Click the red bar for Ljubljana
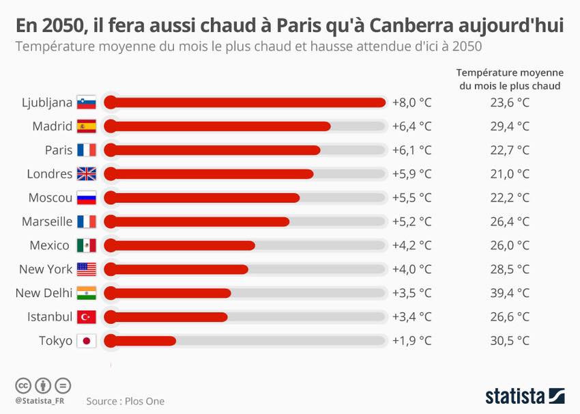click(246, 102)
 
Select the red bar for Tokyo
click(141, 341)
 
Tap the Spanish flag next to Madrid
click(86, 126)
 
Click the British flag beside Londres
click(86, 174)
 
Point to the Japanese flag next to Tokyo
click(86, 341)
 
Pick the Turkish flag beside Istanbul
click(86, 317)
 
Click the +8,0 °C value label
click(412, 102)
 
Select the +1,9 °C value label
click(412, 341)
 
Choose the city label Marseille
click(47, 221)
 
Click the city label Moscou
click(50, 198)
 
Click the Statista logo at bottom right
click(525, 396)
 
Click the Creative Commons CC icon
click(23, 385)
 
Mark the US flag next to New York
click(86, 269)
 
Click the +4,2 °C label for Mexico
click(412, 245)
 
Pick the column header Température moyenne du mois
click(510, 79)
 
